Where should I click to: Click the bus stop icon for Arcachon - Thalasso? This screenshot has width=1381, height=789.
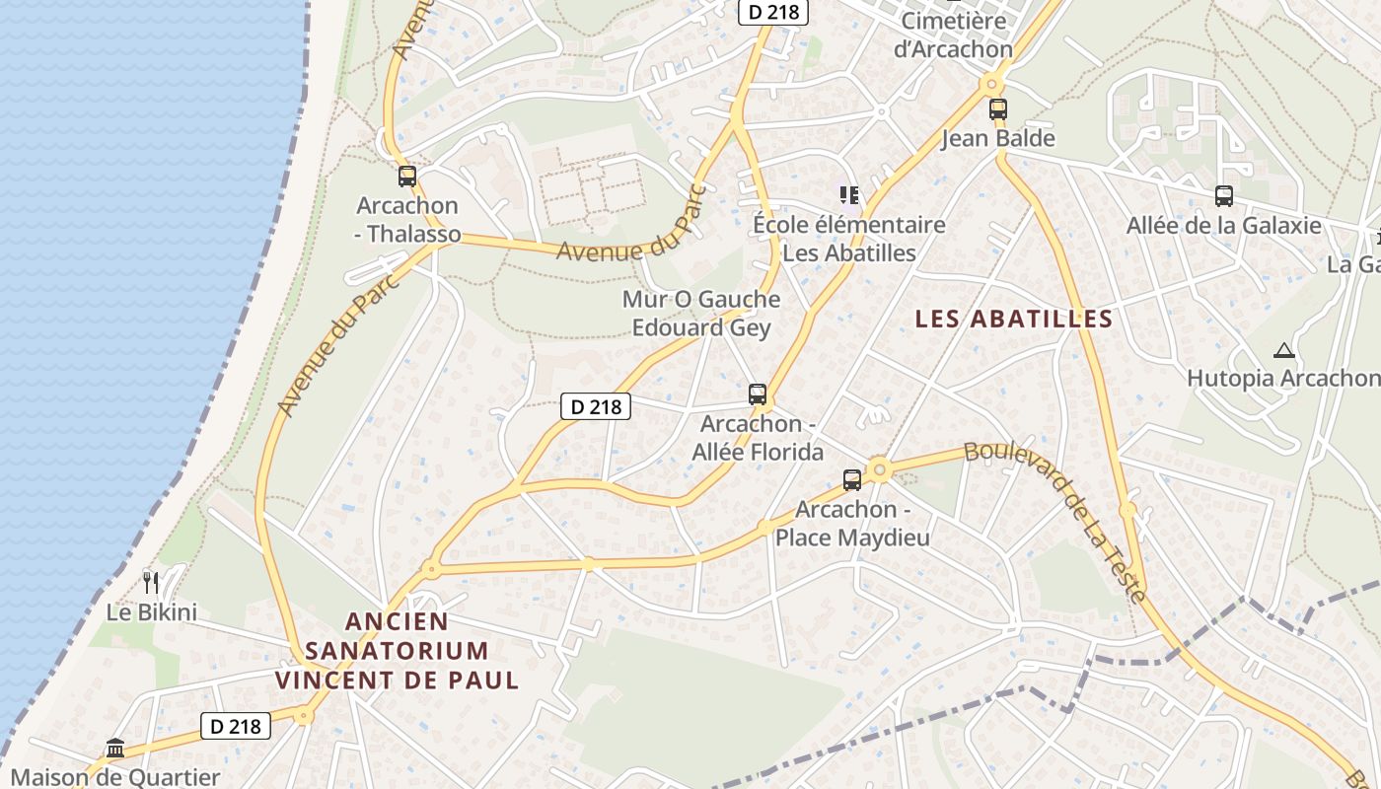[x=406, y=177]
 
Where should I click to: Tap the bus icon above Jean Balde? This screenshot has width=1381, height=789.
[x=997, y=108]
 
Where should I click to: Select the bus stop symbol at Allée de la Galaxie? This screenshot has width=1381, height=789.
[x=1223, y=195]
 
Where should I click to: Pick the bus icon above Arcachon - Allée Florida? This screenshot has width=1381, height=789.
[x=757, y=394]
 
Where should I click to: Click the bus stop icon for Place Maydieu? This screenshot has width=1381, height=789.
[x=851, y=480]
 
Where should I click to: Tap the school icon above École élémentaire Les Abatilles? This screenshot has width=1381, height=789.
[x=848, y=195]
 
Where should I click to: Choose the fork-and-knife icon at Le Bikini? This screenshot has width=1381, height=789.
[x=150, y=583]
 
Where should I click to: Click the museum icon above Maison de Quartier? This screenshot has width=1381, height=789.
[x=115, y=748]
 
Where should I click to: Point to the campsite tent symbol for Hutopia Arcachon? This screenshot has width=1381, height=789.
[x=1282, y=349]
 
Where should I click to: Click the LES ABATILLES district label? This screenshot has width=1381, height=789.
[x=1013, y=319]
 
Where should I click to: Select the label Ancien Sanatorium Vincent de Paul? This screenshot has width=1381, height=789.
[x=397, y=651]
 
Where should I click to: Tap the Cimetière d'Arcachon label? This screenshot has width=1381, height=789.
[x=953, y=35]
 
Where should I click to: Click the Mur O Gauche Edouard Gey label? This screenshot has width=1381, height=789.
[x=700, y=313]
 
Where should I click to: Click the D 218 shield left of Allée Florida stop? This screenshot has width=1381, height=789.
[x=595, y=405]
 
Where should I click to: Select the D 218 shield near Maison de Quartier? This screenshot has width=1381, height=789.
[x=236, y=727]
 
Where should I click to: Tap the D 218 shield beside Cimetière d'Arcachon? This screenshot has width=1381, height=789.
[x=773, y=12]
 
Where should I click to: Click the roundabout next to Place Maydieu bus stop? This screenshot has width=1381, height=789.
[x=878, y=469]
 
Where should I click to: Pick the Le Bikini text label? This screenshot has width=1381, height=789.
[x=152, y=612]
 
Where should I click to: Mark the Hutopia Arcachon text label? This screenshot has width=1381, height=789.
[x=1282, y=378]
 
